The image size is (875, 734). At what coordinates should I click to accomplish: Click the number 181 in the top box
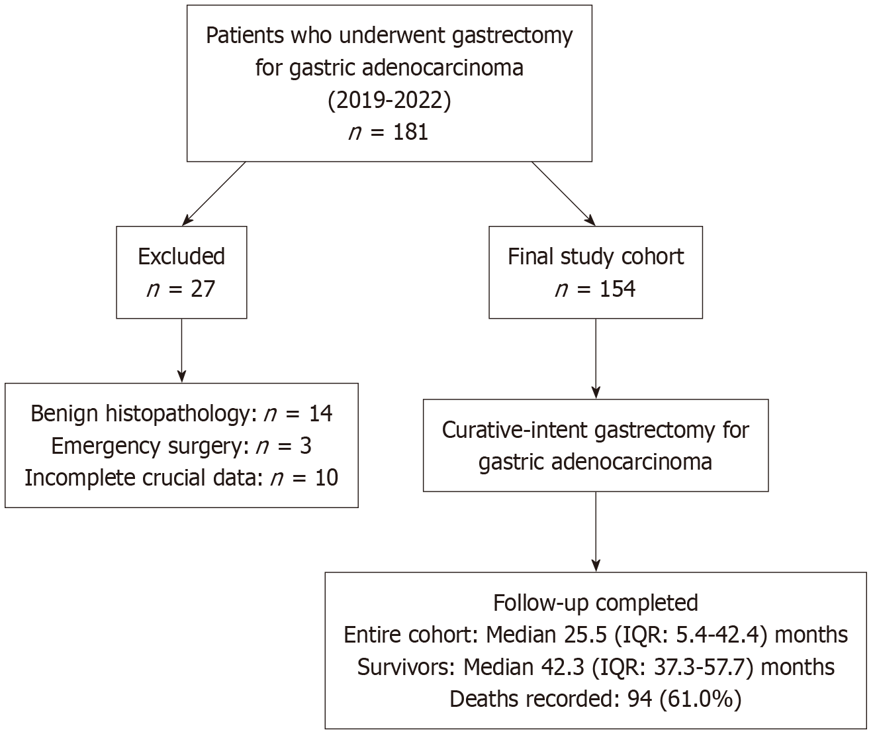[410, 132]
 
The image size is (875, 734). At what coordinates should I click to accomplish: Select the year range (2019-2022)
[389, 101]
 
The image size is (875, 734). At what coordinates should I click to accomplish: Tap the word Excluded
[181, 256]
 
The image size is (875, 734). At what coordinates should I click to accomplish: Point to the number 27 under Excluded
[203, 289]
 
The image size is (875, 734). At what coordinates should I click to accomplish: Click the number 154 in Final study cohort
[618, 289]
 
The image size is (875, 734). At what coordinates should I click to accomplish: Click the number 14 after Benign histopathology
[320, 413]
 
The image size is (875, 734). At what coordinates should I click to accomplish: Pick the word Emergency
[106, 446]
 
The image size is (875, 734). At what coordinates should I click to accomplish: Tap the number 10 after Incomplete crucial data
[326, 478]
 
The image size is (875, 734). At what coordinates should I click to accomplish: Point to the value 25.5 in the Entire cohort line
[588, 635]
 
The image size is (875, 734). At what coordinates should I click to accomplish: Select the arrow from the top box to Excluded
[214, 194]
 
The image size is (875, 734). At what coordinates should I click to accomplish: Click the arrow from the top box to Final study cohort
[564, 194]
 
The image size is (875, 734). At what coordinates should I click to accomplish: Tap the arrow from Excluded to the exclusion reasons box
[181, 350]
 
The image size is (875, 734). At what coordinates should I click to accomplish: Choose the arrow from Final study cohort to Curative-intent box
[596, 358]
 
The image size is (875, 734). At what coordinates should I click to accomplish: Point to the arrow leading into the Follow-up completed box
[596, 531]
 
